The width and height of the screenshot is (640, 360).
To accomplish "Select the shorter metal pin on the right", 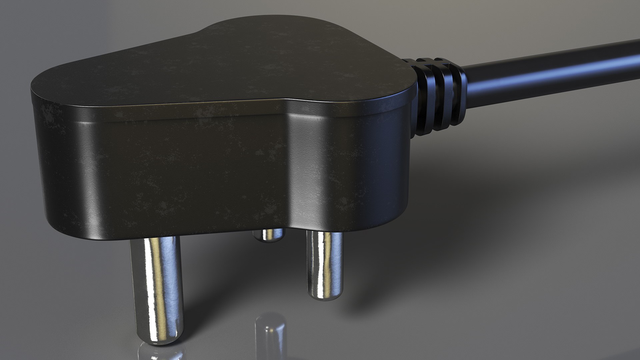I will [x=324, y=263].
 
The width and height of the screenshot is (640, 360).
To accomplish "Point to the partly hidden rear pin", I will [x=268, y=235].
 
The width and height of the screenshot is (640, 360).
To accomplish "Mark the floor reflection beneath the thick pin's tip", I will [x=160, y=353].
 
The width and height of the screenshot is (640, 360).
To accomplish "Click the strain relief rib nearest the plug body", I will [x=423, y=97].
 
